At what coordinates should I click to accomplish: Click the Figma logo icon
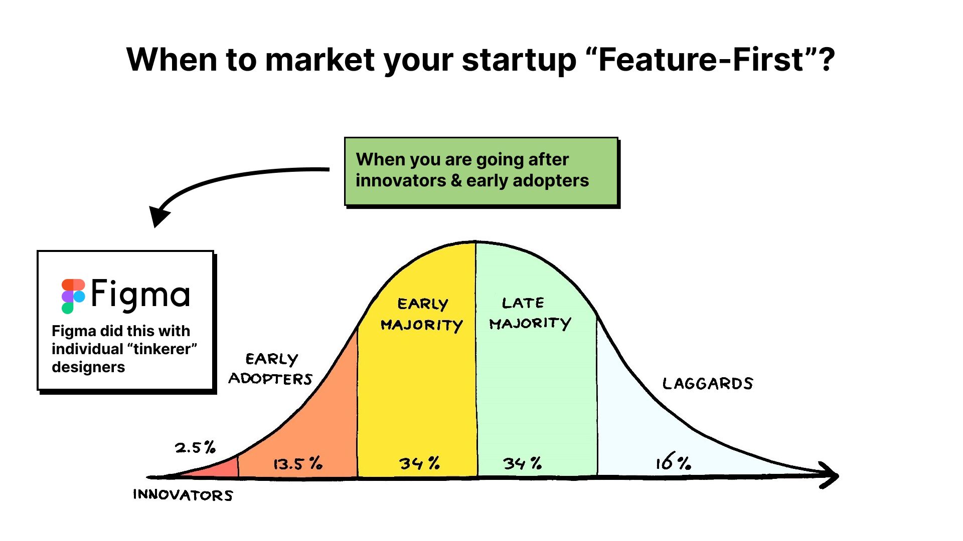[x=73, y=296]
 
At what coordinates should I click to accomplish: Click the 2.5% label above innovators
[x=195, y=447]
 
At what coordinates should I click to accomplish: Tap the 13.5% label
[x=297, y=463]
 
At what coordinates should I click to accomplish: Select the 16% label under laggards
[x=673, y=461]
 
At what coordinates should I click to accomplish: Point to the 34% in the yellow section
[x=419, y=463]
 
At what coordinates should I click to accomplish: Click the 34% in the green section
[x=522, y=463]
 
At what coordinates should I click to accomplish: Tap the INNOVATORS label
[x=183, y=495]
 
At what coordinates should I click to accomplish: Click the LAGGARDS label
[x=708, y=384]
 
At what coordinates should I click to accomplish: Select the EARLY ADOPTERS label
[x=270, y=369]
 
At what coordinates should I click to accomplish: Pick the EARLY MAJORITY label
[x=422, y=315]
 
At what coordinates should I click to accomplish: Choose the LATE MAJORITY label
[x=530, y=314]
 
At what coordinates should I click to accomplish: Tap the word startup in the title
[x=519, y=61]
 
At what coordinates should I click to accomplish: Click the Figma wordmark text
[x=140, y=295]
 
